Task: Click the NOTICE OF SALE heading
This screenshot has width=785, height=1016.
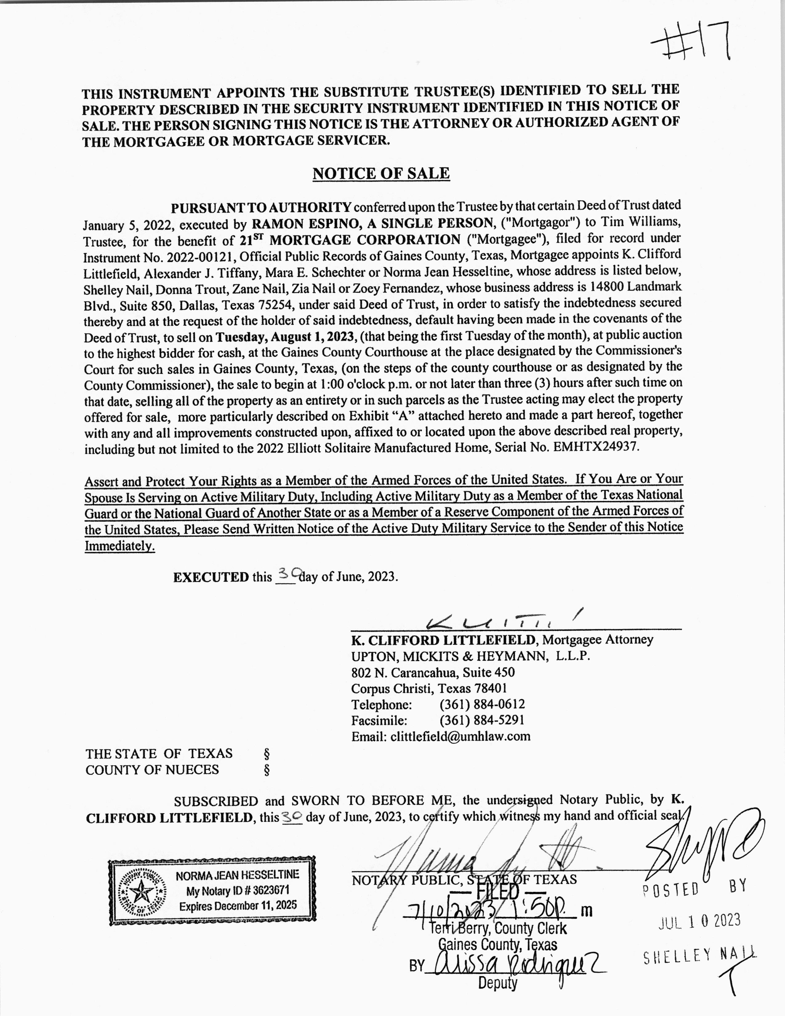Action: pos(381,174)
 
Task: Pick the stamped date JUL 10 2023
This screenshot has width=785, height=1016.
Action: pos(699,920)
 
